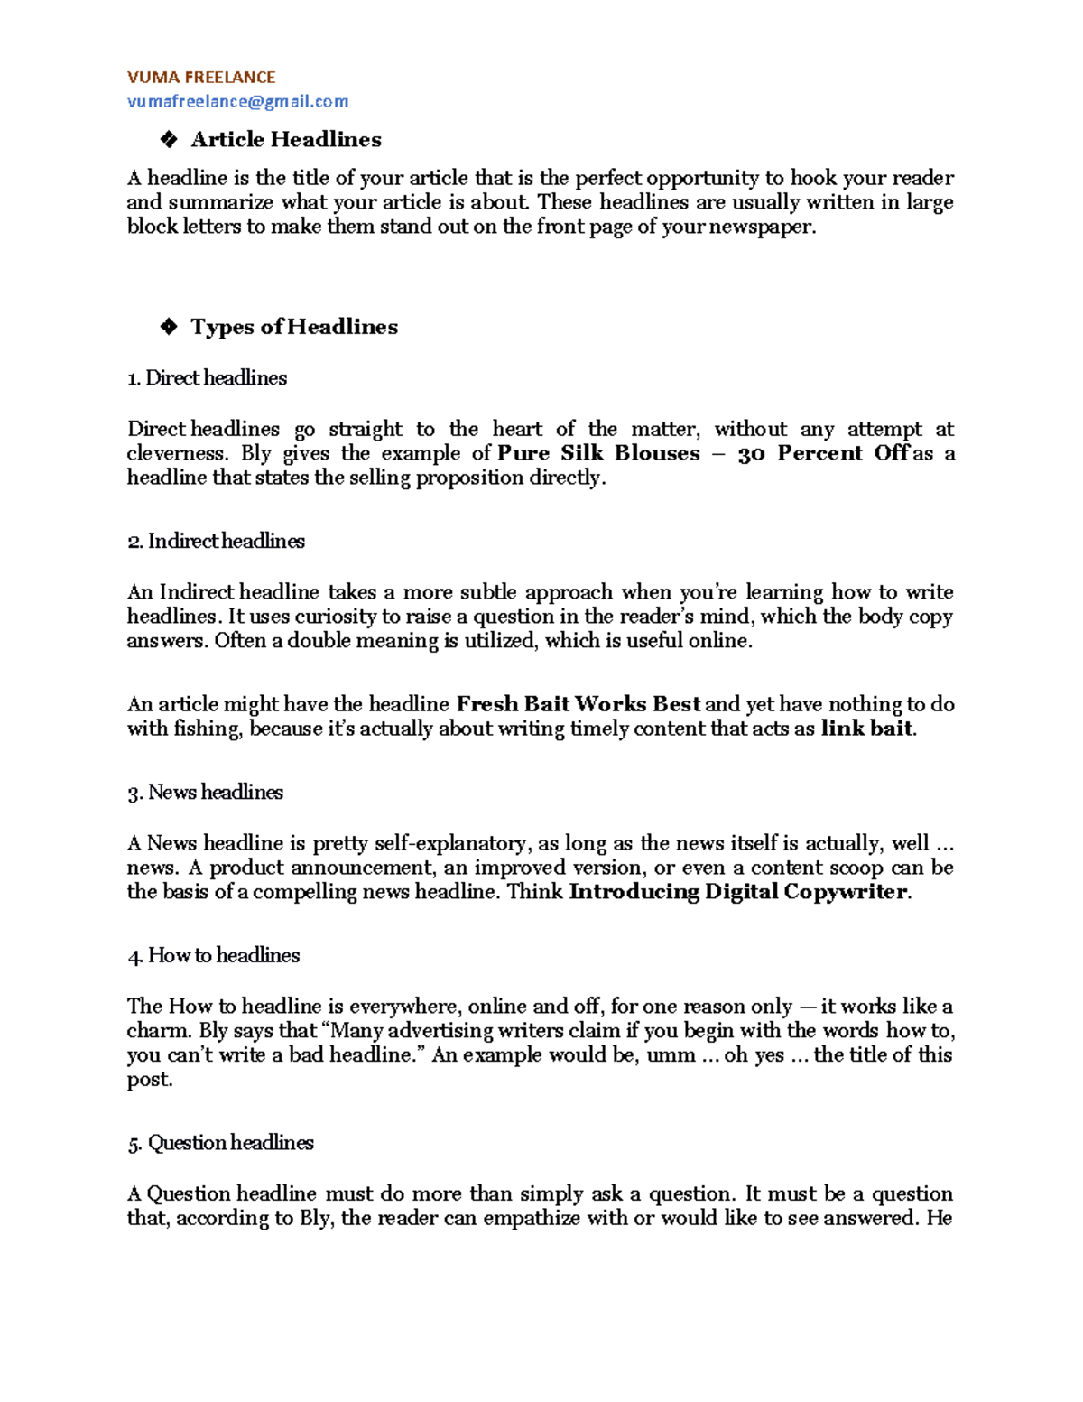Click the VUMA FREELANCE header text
201,78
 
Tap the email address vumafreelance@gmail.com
237,102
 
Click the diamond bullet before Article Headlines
168,140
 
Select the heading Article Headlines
286,140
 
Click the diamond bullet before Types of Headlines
168,327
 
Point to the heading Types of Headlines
294,327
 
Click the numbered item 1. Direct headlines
207,378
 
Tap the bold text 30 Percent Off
823,453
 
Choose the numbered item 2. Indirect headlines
216,541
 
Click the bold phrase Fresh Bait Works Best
579,704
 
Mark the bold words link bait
866,729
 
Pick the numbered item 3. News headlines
205,793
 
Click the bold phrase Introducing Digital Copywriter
737,892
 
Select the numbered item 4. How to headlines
213,955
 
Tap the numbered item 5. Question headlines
220,1143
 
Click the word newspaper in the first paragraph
761,227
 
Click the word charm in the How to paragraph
157,1031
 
